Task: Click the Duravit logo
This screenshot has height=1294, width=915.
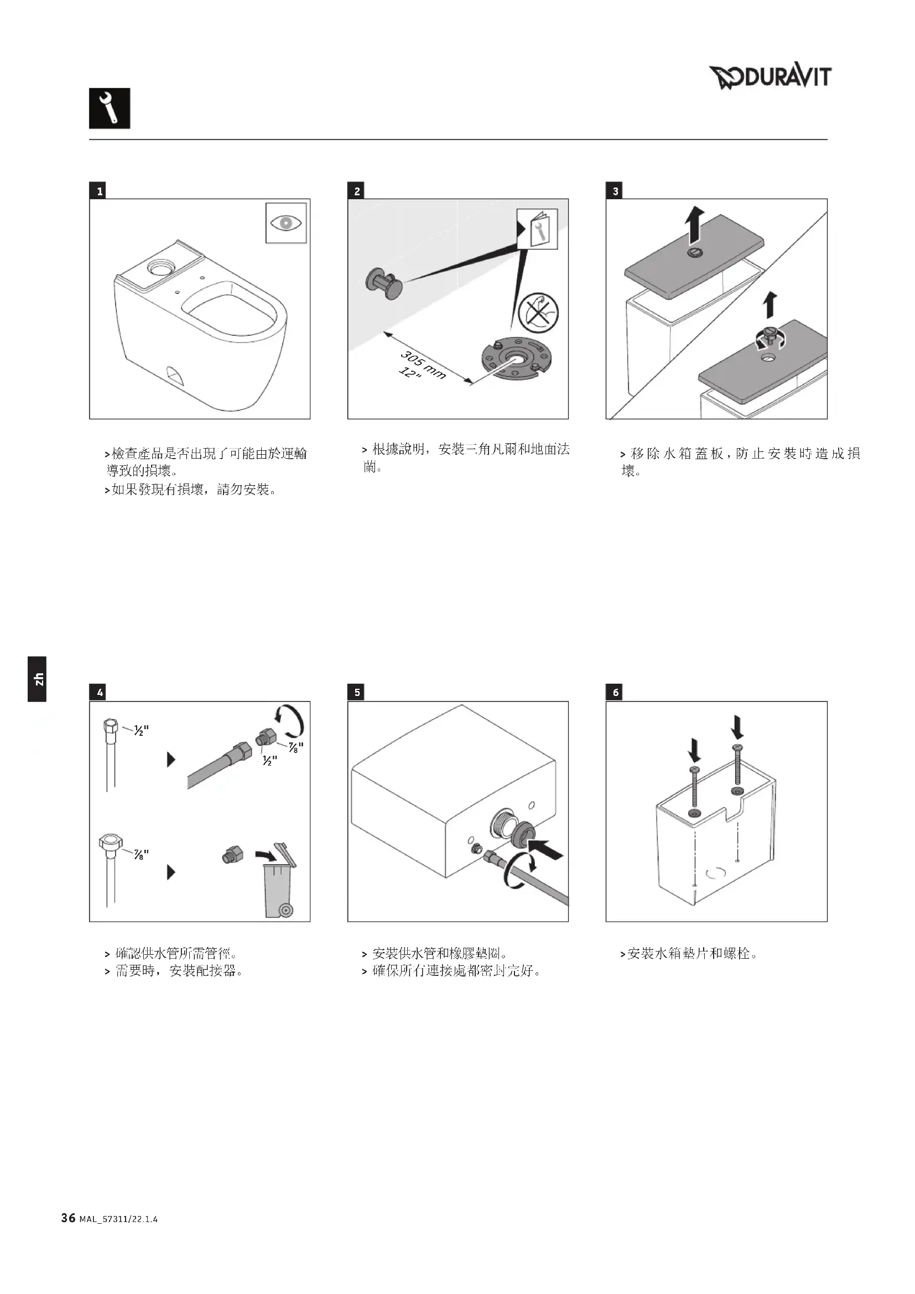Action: [x=770, y=77]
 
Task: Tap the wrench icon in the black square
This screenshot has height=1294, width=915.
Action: [x=110, y=108]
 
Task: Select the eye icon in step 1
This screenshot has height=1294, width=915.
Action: [x=285, y=223]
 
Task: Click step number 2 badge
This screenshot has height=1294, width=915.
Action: [x=357, y=191]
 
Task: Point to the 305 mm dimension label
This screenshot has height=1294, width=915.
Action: [x=423, y=364]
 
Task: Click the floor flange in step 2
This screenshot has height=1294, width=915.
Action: [x=514, y=359]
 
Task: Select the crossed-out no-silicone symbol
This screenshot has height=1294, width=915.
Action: [x=539, y=312]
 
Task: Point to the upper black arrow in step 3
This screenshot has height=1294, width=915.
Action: [x=695, y=223]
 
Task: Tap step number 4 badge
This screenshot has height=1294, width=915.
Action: [x=100, y=692]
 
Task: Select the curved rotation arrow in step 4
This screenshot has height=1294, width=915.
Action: [x=290, y=721]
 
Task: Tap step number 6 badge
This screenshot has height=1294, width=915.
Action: [x=615, y=692]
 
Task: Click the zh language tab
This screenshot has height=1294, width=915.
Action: [x=37, y=679]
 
